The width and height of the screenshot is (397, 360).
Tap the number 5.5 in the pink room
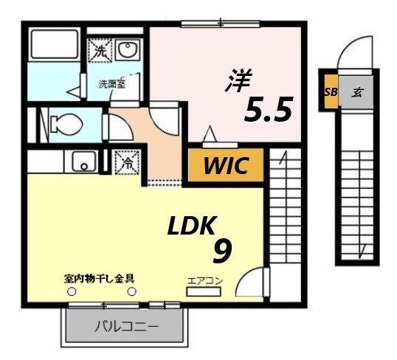(x=269, y=110)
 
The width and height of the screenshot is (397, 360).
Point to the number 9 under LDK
(x=222, y=252)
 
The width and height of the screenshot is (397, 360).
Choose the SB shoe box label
(x=329, y=93)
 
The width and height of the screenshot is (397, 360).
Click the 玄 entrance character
(x=356, y=93)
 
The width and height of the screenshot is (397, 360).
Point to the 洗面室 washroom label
(x=111, y=84)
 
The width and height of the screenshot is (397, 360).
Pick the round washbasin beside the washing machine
(x=128, y=52)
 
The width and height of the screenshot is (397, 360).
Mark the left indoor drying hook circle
(x=73, y=292)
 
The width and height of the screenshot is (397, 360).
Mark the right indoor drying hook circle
(x=132, y=292)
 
